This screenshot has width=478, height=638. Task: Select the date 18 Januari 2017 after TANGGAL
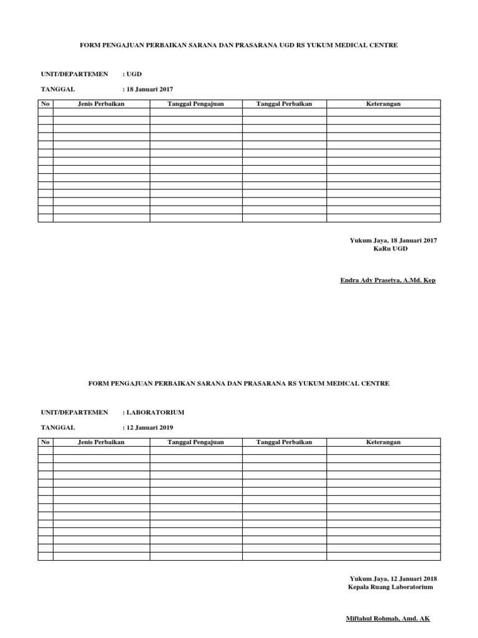(151, 89)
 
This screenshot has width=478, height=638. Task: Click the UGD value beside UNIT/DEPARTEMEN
(136, 74)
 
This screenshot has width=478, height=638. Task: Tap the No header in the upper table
(45, 104)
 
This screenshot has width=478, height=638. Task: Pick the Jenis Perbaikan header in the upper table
(101, 104)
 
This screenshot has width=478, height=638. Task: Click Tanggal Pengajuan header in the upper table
(195, 104)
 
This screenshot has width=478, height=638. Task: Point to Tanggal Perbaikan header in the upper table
(284, 104)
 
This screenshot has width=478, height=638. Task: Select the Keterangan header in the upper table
(383, 104)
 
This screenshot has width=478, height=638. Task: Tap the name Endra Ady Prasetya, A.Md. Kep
(388, 280)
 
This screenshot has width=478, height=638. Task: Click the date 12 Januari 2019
(151, 427)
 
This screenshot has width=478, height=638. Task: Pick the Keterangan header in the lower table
(383, 442)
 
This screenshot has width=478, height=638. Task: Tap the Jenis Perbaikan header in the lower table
(101, 442)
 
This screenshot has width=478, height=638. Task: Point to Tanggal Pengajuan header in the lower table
(195, 442)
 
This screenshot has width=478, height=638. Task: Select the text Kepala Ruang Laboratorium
(390, 586)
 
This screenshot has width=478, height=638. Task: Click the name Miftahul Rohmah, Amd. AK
(388, 619)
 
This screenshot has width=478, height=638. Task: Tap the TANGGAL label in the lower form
(58, 427)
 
